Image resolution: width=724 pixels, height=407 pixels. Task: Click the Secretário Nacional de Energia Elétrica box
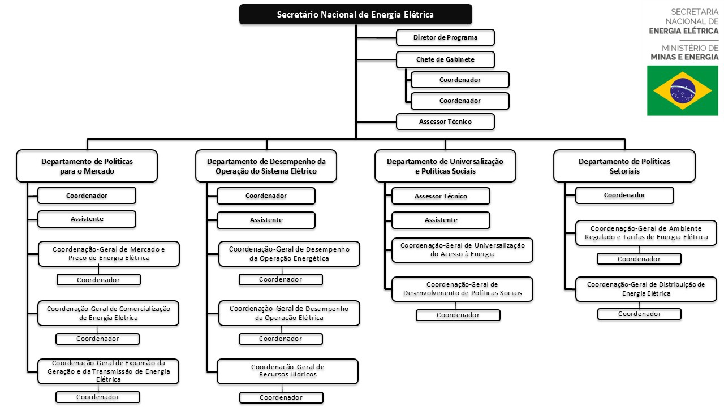[356, 14]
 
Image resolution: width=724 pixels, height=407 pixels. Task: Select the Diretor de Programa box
[445, 37]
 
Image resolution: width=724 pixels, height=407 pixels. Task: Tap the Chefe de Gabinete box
[445, 59]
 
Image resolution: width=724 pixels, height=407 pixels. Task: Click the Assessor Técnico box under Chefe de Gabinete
[445, 122]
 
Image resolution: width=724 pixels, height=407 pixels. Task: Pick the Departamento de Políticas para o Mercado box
[87, 166]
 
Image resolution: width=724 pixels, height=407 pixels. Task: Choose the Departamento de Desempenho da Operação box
[266, 166]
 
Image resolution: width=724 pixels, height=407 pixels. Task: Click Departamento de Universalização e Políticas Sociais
[445, 166]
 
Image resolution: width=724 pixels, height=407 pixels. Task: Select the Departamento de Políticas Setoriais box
[624, 166]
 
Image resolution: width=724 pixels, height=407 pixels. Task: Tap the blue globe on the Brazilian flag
[683, 90]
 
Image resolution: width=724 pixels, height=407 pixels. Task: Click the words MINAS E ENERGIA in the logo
[684, 57]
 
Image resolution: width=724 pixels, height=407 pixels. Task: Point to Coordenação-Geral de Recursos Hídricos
[288, 371]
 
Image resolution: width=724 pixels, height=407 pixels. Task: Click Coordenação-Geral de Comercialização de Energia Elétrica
[108, 313]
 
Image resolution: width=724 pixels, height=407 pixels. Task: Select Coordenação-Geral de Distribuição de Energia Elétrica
[646, 289]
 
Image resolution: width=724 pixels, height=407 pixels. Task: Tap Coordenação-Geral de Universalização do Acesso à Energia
[462, 250]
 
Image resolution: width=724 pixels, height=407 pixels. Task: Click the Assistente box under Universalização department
[441, 220]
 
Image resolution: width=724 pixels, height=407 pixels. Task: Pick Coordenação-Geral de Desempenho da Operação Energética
[289, 254]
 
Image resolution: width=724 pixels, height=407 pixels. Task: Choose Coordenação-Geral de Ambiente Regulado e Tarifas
[646, 233]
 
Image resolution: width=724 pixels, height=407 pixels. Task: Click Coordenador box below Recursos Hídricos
[281, 397]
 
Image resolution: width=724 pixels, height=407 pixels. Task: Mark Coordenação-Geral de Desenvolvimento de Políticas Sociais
[462, 289]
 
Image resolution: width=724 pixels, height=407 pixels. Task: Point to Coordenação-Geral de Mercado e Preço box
[109, 254]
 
